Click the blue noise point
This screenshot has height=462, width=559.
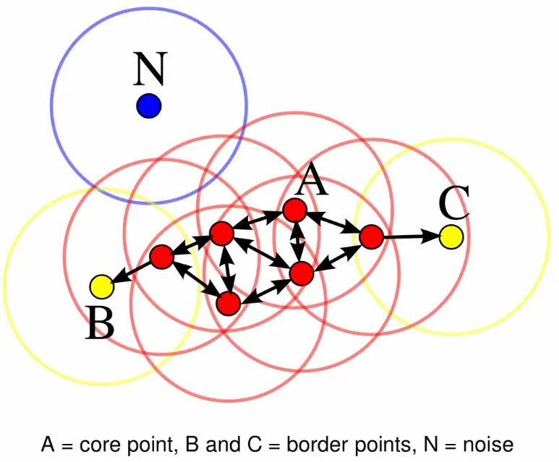[148, 106]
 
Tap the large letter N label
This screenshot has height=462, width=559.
[150, 71]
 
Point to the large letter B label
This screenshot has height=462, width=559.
[100, 322]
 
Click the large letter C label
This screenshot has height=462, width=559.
[454, 203]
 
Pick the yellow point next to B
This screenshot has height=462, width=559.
[102, 286]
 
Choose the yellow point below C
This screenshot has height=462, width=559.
[451, 236]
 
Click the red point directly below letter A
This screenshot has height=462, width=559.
[295, 210]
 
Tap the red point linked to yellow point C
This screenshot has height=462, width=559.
[370, 236]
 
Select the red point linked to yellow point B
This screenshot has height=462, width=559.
[161, 256]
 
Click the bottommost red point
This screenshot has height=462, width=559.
[228, 304]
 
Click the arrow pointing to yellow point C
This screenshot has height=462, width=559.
[410, 236]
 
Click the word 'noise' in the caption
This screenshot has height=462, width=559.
[492, 442]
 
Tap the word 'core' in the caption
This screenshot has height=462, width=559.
[95, 442]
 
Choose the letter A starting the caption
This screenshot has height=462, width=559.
[48, 442]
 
